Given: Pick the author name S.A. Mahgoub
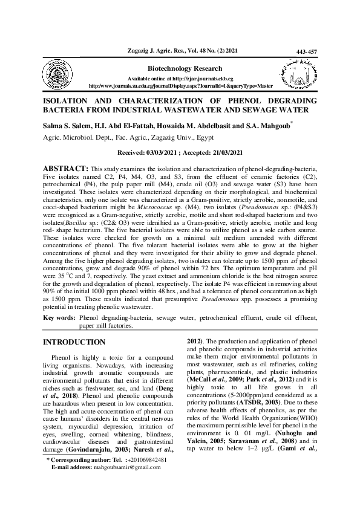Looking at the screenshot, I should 269,126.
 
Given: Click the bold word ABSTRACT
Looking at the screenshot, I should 64,167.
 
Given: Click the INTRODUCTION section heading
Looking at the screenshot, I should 74,342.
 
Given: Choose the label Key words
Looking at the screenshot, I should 59,317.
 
